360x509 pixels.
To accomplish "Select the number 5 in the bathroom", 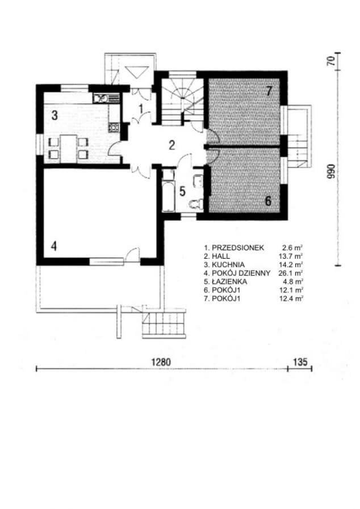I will (182, 191).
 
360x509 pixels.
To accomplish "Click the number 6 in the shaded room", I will (269, 200).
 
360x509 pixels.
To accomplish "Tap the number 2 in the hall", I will (171, 144).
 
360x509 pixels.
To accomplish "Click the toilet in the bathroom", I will (197, 204).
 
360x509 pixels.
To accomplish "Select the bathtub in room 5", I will (168, 195).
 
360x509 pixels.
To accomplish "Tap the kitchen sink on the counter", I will (104, 98).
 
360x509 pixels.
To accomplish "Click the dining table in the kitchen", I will (68, 148).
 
